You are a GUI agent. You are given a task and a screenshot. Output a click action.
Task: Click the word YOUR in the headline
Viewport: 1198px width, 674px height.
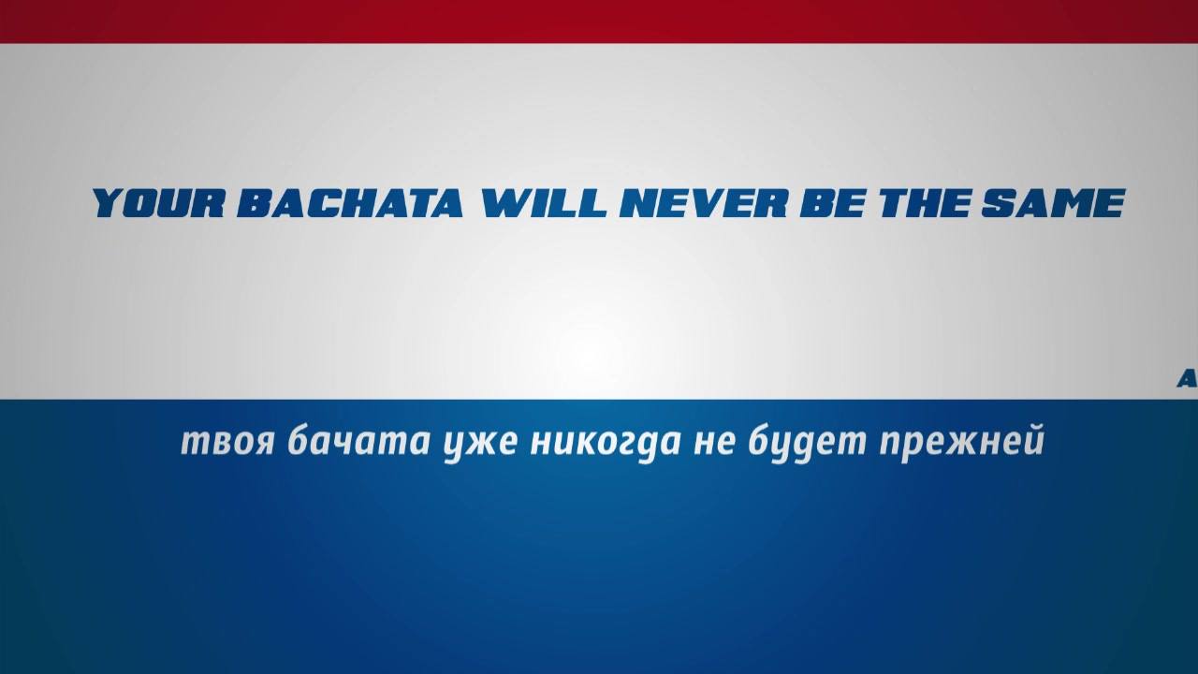[x=158, y=203]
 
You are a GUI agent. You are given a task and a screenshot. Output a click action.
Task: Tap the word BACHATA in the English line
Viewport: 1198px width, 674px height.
[x=349, y=203]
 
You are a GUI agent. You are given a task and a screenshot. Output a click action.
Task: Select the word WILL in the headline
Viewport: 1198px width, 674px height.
[x=544, y=203]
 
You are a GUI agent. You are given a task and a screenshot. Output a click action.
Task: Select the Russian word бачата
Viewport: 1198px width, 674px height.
[x=358, y=440]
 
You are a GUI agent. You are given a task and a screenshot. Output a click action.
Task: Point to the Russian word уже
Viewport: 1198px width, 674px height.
[x=481, y=446]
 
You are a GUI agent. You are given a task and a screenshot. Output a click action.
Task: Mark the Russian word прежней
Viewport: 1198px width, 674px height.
[x=962, y=444]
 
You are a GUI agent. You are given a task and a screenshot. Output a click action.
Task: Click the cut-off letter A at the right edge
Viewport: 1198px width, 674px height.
[x=1189, y=380]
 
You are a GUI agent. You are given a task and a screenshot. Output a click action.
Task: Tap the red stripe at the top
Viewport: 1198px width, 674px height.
[x=599, y=22]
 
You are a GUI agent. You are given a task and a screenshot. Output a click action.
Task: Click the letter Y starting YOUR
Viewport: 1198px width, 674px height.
[x=110, y=203]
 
